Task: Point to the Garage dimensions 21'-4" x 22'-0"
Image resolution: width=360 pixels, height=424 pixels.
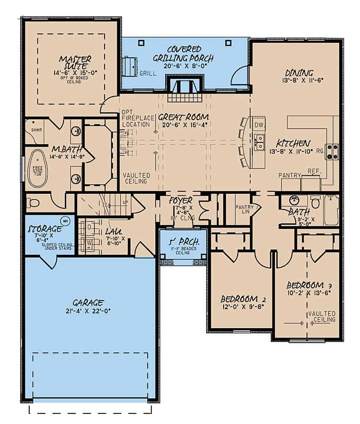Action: click(89, 310)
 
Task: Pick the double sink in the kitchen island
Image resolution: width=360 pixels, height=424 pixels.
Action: click(259, 141)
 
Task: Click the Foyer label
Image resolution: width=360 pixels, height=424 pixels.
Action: click(181, 200)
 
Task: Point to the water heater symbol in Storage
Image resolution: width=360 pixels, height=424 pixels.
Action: click(65, 220)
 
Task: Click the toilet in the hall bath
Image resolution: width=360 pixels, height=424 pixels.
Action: click(315, 202)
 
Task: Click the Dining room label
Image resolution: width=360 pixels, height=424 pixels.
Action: click(299, 73)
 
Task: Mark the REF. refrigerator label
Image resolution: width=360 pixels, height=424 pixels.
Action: click(313, 172)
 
